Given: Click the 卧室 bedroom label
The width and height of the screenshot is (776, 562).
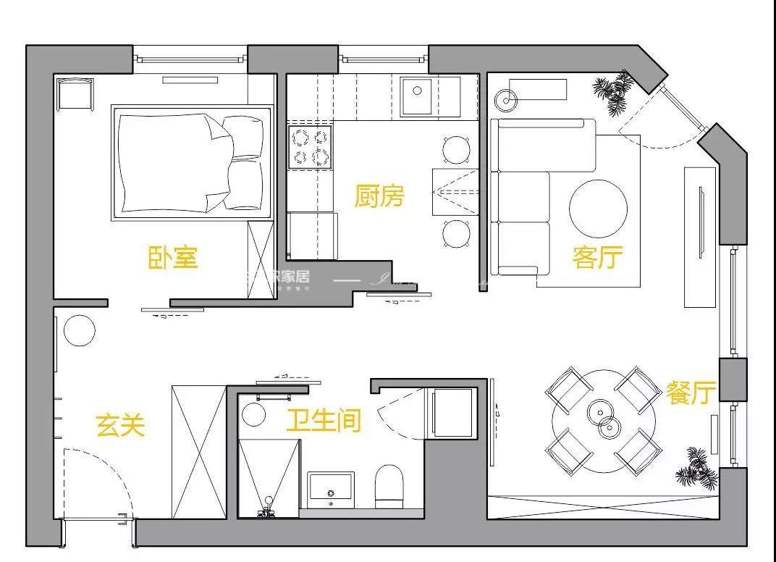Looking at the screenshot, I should coord(173,258).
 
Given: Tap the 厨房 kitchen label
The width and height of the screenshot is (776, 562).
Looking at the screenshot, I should coord(379,196).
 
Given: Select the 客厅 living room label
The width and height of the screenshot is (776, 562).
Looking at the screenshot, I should coord(597,257).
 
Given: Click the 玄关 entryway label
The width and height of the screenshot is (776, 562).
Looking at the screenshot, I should coord(120,426).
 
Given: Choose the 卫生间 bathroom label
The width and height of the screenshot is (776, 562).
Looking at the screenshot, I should coord(323,420).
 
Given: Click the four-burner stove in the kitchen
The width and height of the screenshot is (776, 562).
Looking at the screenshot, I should coord(311,146).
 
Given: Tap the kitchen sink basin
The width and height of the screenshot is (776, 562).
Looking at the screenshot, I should coord(417,96).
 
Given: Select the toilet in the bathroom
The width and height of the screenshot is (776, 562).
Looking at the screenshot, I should coord(389,485).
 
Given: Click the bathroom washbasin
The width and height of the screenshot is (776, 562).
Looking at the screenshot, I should coord(331,488).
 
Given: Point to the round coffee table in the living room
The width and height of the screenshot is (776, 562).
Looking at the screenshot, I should coord(598,209).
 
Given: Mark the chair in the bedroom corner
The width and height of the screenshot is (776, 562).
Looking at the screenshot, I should coord(75,93).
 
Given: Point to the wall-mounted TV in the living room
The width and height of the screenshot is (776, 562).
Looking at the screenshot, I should coord(701,222).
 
